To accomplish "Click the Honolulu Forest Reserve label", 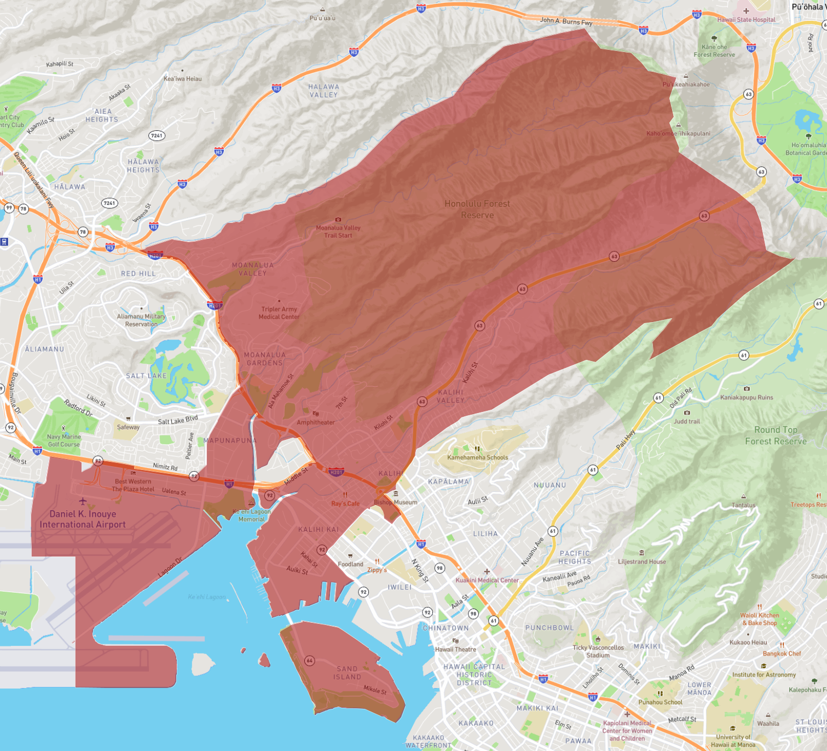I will click(477, 209).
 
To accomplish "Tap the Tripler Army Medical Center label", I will click(279, 313).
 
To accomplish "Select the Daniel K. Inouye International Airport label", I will click(83, 519).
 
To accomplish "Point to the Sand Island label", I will click(348, 673).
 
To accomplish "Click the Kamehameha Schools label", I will click(477, 457).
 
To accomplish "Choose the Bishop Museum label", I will click(395, 502).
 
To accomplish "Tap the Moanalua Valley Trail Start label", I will click(338, 231).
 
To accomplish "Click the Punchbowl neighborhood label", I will click(550, 628).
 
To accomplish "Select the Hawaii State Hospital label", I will click(746, 20).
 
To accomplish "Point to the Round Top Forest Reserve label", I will click(776, 435).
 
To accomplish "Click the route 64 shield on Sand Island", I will click(309, 661).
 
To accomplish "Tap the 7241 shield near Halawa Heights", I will click(157, 135).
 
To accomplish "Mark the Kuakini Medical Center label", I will click(487, 580).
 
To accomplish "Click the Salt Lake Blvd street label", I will click(177, 420).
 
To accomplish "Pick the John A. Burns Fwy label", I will click(566, 21).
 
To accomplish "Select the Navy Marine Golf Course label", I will click(63, 440).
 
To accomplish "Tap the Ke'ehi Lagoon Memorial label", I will click(251, 515).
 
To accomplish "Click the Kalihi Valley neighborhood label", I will click(450, 396).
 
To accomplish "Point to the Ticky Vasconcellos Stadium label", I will click(598, 651).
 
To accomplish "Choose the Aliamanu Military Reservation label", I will click(141, 320).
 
